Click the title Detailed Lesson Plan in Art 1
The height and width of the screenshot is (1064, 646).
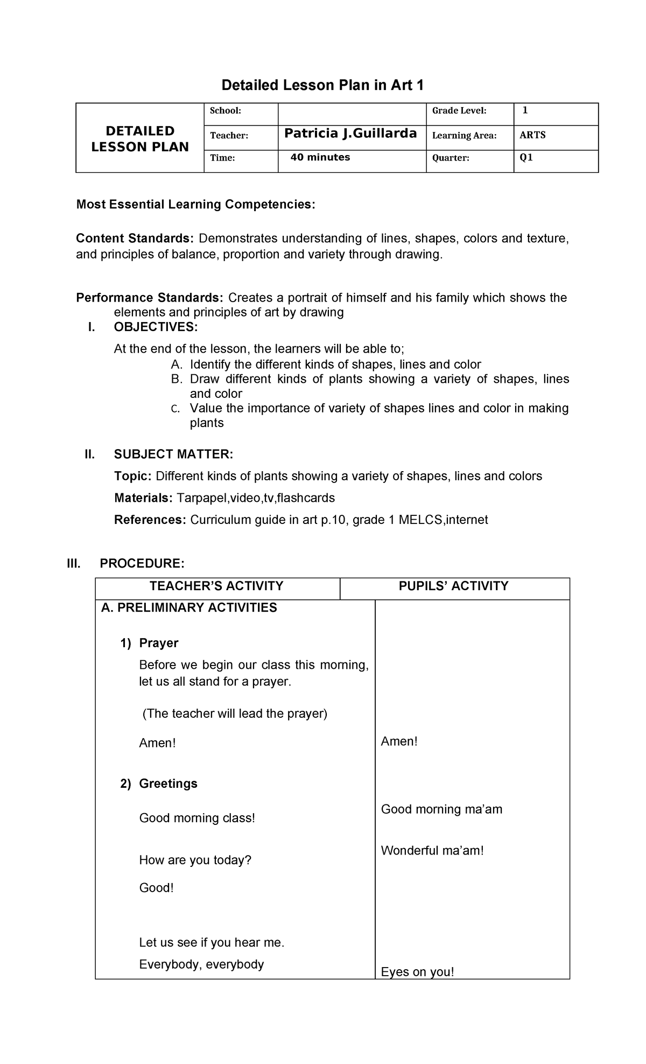tap(323, 85)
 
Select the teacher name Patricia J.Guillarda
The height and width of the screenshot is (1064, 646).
tap(350, 134)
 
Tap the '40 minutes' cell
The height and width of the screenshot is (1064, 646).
tap(320, 157)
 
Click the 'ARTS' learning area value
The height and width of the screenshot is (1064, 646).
tap(532, 135)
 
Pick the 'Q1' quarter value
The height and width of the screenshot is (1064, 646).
tap(526, 158)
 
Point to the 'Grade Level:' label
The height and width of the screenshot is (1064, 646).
tap(459, 111)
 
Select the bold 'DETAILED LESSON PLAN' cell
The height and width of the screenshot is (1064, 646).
tap(140, 139)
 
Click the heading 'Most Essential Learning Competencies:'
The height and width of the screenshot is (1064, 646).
tap(195, 205)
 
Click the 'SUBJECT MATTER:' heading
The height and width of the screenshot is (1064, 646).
tap(173, 454)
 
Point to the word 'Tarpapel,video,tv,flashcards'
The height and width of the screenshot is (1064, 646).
tap(256, 498)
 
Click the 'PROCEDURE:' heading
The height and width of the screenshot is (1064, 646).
tap(142, 564)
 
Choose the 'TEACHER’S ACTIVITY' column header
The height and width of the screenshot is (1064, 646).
tap(216, 586)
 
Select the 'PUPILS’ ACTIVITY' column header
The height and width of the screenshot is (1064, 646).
tap(453, 586)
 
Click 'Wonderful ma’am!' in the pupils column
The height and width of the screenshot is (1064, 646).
tap(432, 851)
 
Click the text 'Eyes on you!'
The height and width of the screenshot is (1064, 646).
tap(417, 972)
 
